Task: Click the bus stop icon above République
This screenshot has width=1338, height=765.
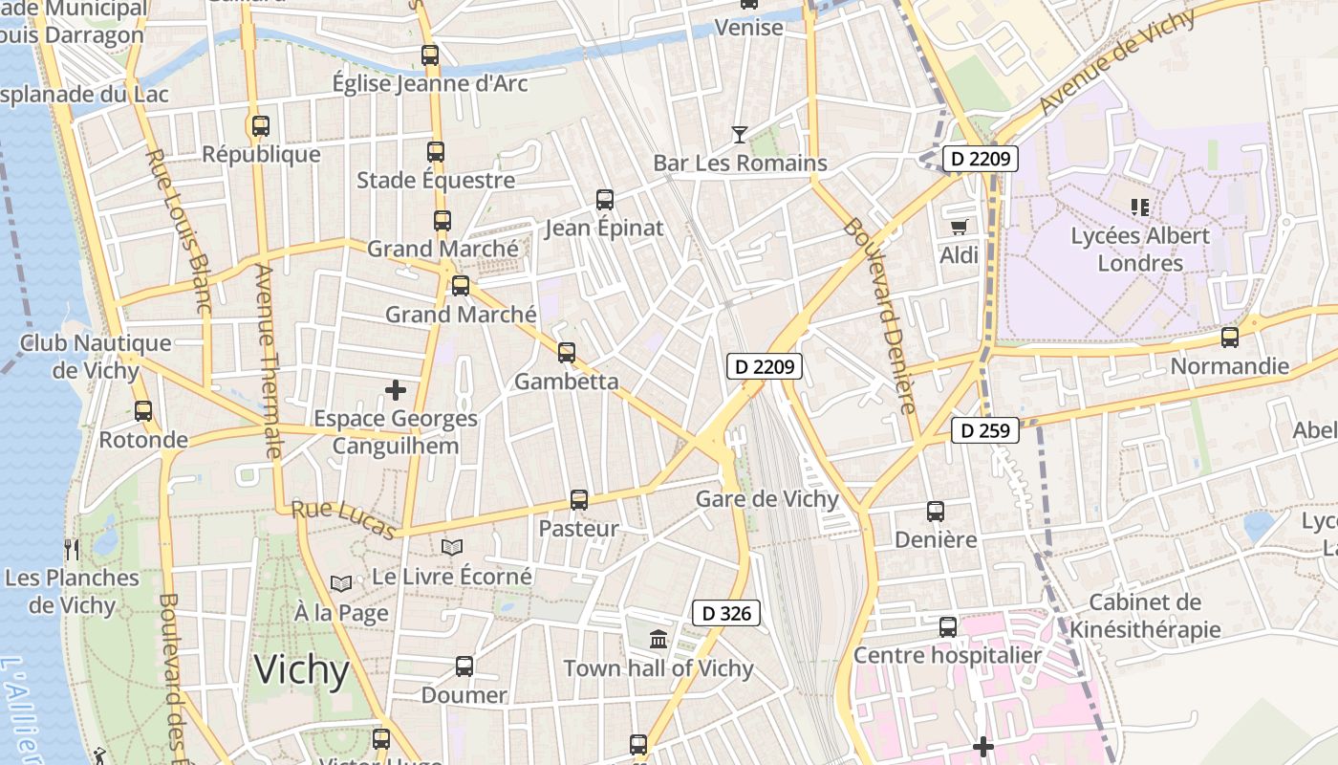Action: point(260,125)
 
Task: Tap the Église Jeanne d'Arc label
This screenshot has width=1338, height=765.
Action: point(429,83)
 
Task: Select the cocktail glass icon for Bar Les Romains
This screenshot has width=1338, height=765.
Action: point(740,134)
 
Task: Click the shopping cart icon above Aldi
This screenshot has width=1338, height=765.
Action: point(959,227)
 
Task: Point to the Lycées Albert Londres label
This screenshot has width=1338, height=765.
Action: point(1140,249)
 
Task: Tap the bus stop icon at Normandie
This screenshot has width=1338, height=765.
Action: point(1230,338)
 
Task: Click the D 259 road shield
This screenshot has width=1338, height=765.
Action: point(985,430)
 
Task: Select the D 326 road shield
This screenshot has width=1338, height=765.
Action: point(725,613)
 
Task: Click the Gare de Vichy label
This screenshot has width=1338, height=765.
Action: point(766,498)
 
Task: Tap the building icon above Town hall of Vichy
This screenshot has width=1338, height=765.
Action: point(658,640)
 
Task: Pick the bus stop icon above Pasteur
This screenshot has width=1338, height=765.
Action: point(578,500)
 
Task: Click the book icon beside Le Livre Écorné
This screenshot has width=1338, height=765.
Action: point(452,547)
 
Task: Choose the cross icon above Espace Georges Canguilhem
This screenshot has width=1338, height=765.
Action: point(395,390)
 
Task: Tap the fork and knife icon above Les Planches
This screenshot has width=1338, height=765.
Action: point(72,549)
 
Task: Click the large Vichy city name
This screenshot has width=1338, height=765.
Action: point(302,669)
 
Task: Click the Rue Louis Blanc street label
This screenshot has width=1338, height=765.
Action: point(178,230)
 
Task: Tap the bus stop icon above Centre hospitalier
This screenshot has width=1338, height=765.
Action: point(947,627)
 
